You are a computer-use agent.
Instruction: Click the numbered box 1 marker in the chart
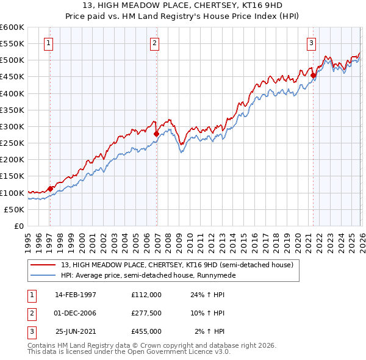click(x=48, y=43)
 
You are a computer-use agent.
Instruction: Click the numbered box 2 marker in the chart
click(x=155, y=43)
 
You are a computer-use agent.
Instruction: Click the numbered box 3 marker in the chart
click(x=311, y=43)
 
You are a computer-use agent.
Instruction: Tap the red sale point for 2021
click(x=314, y=76)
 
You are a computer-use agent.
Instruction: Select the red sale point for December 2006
click(x=157, y=134)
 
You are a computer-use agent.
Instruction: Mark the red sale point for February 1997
click(x=50, y=189)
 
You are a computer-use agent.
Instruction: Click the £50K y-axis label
click(x=14, y=209)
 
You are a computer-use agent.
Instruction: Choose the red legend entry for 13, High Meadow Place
click(x=177, y=265)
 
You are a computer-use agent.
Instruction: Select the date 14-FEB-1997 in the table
click(x=76, y=294)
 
